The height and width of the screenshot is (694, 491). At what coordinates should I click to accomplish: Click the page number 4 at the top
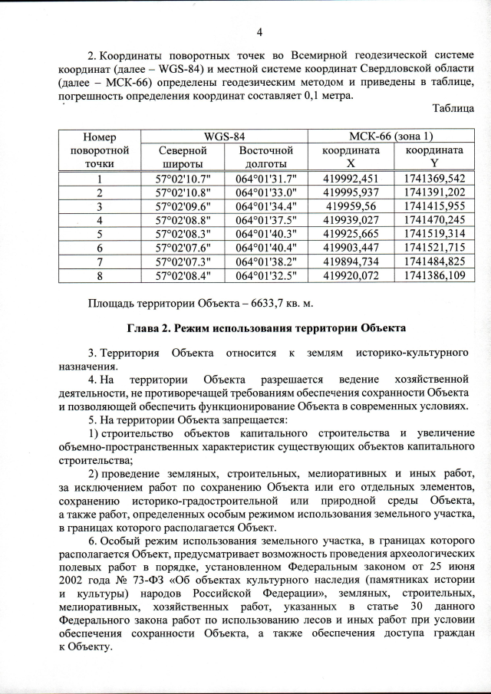click(259, 31)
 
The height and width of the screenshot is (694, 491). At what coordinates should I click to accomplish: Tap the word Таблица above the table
click(453, 109)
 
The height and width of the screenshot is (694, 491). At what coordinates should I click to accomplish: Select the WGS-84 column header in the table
click(224, 136)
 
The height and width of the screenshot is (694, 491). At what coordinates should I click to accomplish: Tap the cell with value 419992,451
click(350, 179)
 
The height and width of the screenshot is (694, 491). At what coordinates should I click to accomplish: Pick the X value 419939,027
click(350, 220)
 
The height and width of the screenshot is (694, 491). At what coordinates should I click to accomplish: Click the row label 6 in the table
click(100, 248)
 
